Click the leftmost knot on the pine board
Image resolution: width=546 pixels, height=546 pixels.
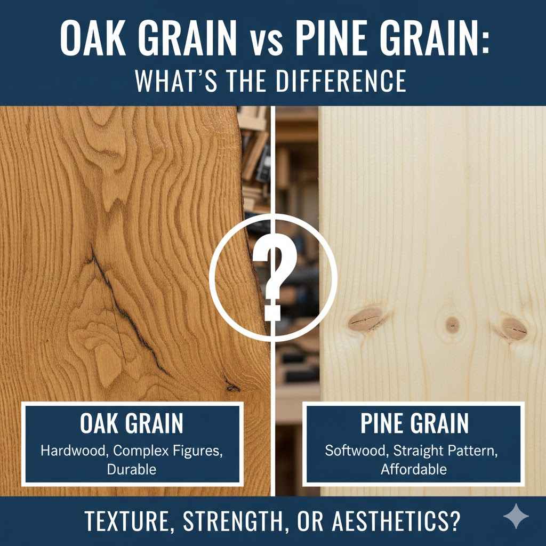tap(365, 318)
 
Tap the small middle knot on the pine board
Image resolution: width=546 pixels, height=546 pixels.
tap(453, 323)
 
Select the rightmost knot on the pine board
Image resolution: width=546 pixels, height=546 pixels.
tap(513, 327)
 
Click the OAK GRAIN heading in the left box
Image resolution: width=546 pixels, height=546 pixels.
tap(132, 424)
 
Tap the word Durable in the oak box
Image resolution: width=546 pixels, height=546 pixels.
tap(131, 470)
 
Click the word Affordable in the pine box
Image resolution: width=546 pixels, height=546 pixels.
tap(414, 470)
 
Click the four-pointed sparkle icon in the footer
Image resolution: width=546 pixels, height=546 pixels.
tap(516, 517)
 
